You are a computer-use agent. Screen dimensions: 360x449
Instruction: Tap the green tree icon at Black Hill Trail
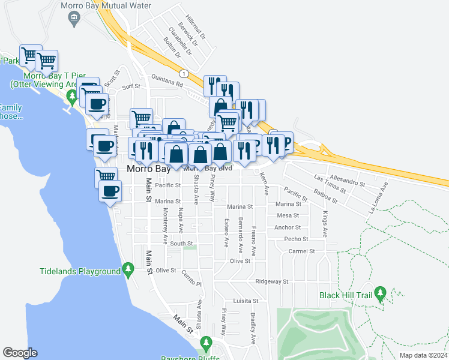[379, 293]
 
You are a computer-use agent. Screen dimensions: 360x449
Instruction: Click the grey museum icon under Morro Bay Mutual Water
[74, 19]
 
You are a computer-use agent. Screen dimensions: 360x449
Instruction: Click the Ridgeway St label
[272, 281]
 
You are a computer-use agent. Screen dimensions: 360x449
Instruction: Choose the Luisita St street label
[246, 301]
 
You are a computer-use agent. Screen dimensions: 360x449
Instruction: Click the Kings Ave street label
[325, 223]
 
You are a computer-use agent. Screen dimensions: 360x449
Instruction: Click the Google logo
[20, 353]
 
